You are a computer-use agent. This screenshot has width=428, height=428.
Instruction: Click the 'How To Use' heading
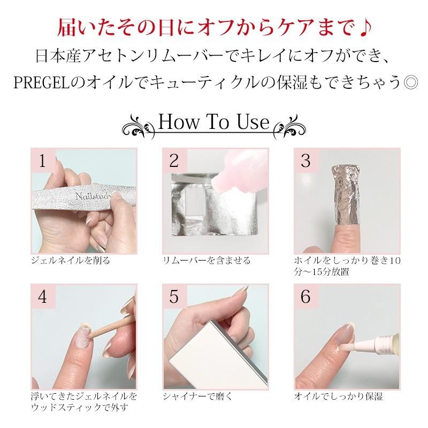(214, 123)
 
